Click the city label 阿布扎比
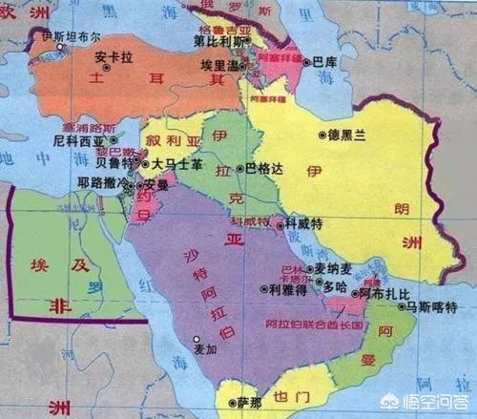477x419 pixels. (x=390, y=295)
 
